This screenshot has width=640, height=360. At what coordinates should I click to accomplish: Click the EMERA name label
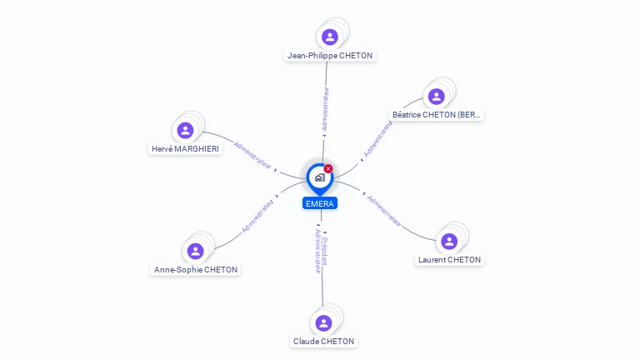click(320, 203)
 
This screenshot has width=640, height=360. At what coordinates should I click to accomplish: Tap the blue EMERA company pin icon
click(319, 177)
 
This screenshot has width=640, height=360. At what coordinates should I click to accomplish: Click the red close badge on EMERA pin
click(328, 168)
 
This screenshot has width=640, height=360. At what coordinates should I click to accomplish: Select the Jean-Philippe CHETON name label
click(330, 56)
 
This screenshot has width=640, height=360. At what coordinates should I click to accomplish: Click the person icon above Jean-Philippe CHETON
click(330, 37)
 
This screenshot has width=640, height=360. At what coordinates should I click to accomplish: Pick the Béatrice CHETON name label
click(437, 114)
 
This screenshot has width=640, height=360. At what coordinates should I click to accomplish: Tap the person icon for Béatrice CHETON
click(436, 96)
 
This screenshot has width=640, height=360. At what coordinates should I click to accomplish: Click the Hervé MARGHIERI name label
click(186, 148)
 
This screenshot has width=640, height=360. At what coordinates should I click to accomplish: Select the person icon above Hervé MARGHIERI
click(185, 130)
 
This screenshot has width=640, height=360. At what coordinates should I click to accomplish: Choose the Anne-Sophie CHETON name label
click(196, 270)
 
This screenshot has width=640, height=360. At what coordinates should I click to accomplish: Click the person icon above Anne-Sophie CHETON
click(195, 251)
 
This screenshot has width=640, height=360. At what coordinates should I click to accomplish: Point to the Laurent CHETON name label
click(449, 260)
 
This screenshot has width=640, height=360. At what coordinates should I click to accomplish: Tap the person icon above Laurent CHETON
click(449, 241)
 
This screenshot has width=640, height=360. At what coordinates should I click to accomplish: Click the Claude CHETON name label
click(323, 342)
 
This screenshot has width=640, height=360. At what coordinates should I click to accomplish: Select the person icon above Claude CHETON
click(323, 322)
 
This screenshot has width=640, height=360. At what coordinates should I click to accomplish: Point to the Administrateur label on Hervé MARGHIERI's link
click(253, 156)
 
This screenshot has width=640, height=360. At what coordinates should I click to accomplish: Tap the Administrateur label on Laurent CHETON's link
click(384, 212)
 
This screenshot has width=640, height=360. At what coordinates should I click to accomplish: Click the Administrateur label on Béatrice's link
click(377, 138)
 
